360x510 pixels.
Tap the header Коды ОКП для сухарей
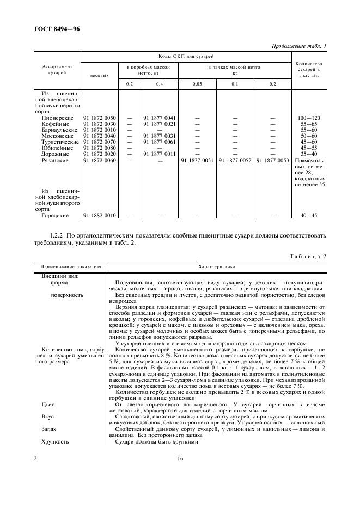pyautogui.click(x=187, y=56)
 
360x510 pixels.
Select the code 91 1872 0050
pyautogui.click(x=99, y=118)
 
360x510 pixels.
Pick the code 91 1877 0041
pyautogui.click(x=159, y=118)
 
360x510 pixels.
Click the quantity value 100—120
pyautogui.click(x=309, y=118)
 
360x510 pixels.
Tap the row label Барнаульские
pyautogui.click(x=60, y=130)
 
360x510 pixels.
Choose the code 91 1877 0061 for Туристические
pyautogui.click(x=159, y=142)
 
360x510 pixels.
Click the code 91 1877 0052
pyautogui.click(x=235, y=160)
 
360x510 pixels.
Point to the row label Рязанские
pyautogui.click(x=55, y=160)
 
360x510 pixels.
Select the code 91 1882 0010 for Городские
pyautogui.click(x=99, y=216)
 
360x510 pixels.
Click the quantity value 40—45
pyautogui.click(x=309, y=216)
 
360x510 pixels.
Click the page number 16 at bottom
pyautogui.click(x=180, y=459)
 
